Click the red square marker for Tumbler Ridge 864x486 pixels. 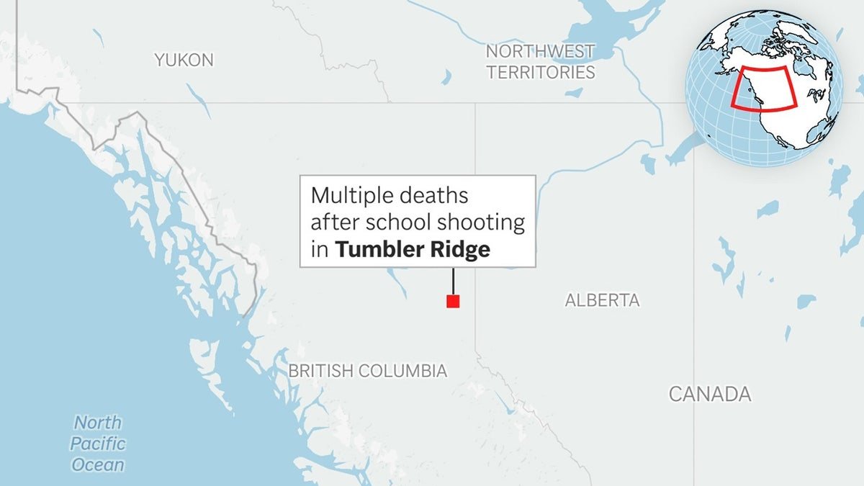click(x=453, y=302)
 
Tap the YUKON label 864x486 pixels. click(x=184, y=60)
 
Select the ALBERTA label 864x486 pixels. click(x=602, y=300)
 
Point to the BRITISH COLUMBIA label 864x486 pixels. click(x=368, y=372)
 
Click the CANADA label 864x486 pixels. click(x=710, y=394)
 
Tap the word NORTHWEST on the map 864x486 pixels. click(x=540, y=51)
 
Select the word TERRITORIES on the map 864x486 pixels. click(x=540, y=72)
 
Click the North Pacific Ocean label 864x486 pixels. click(x=98, y=444)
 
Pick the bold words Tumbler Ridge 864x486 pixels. click(x=413, y=250)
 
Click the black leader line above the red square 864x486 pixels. click(x=453, y=281)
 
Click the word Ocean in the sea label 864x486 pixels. click(x=98, y=465)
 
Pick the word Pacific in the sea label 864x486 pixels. click(x=98, y=444)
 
